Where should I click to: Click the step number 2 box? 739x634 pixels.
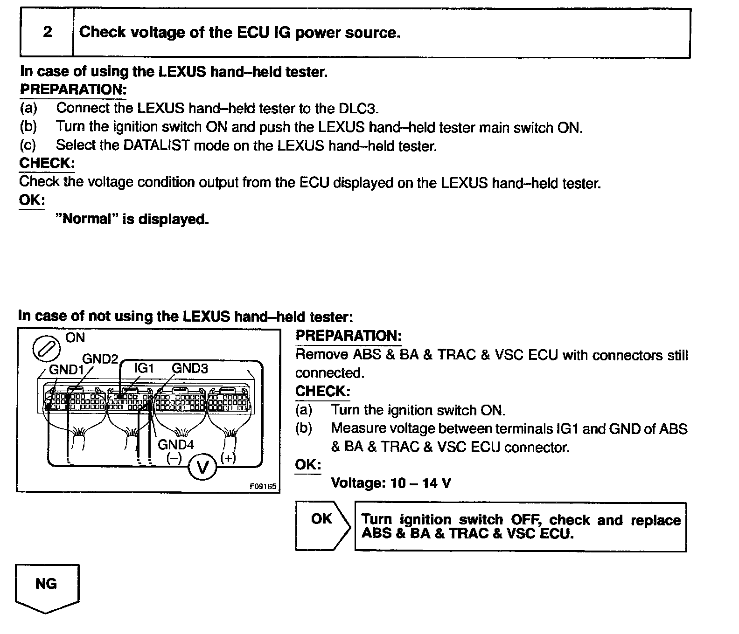pos(47,32)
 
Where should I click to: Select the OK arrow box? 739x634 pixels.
pos(322,526)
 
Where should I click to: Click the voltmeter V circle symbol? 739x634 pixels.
pos(202,467)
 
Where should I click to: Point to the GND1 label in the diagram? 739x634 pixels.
pos(66,370)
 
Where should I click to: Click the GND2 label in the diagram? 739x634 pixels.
pos(100,358)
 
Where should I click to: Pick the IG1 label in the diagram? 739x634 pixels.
pos(144,368)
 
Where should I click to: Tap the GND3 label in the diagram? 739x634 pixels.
pos(190,368)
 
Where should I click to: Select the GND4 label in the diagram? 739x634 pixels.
pos(175,444)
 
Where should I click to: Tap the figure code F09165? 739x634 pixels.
pos(263,486)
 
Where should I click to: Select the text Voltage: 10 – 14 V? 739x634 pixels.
pos(390,483)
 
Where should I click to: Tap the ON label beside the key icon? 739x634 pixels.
pos(75,338)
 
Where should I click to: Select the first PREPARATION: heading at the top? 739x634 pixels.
pos(73,90)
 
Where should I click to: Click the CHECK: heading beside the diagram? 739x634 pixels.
pos(322,391)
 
